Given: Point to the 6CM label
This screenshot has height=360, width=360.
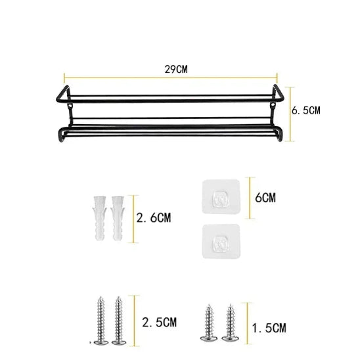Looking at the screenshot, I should (265, 196).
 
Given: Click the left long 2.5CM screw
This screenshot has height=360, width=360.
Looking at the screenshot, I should (102, 321).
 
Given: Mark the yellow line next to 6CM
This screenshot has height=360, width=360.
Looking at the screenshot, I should (248, 196).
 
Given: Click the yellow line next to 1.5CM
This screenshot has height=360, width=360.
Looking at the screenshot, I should (246, 325).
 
